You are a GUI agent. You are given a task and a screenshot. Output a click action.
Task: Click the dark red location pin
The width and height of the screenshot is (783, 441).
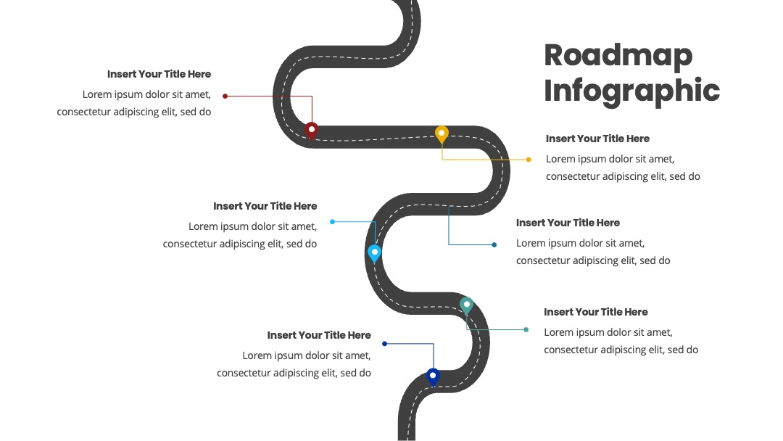(x=311, y=131)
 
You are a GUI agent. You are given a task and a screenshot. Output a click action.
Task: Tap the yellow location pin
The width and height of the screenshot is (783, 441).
(x=442, y=135)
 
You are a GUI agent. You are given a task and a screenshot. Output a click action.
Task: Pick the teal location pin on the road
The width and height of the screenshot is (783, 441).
(x=466, y=305)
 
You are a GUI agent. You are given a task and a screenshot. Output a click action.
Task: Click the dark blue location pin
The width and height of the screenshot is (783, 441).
(x=433, y=376)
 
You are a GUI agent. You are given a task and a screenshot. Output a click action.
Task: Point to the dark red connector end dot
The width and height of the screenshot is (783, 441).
(x=225, y=96)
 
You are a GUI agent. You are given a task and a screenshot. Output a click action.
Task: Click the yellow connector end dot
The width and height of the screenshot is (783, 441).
(x=529, y=160)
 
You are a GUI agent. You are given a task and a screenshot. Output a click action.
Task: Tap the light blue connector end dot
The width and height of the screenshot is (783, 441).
(x=333, y=222)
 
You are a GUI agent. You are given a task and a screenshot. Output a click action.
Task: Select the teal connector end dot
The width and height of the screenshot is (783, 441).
(x=526, y=329)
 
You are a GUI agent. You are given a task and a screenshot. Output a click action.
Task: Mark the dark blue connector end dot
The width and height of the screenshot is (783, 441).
(x=384, y=344)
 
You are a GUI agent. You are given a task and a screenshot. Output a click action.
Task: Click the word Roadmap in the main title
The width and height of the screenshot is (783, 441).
(x=618, y=57)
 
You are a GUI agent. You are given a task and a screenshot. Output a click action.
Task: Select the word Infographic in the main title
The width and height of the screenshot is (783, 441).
(x=631, y=91)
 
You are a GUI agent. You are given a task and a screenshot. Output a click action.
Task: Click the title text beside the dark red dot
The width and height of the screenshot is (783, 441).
(x=159, y=74)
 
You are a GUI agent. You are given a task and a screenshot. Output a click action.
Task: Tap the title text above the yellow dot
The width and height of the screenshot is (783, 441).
(x=597, y=139)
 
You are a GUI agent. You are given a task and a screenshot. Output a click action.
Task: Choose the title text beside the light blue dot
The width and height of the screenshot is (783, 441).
(x=265, y=206)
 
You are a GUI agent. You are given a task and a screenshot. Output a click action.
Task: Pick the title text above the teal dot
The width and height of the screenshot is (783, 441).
(x=596, y=312)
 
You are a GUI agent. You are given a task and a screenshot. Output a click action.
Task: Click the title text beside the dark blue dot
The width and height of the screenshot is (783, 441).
(x=319, y=334)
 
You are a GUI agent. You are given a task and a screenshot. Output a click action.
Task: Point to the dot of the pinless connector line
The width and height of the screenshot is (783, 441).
(x=494, y=244)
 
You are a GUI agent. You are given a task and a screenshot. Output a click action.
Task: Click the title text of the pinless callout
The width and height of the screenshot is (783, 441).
(x=568, y=223)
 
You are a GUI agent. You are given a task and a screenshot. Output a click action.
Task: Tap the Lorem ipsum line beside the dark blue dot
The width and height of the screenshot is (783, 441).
(x=307, y=355)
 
